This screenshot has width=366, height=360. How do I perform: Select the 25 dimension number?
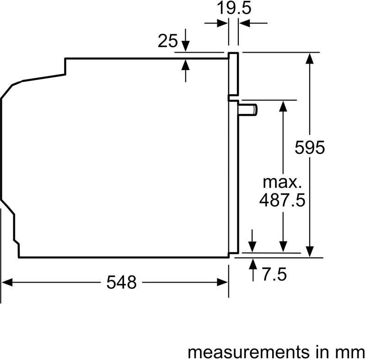(x=167, y=42)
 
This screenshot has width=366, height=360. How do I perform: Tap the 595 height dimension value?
(x=310, y=147)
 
